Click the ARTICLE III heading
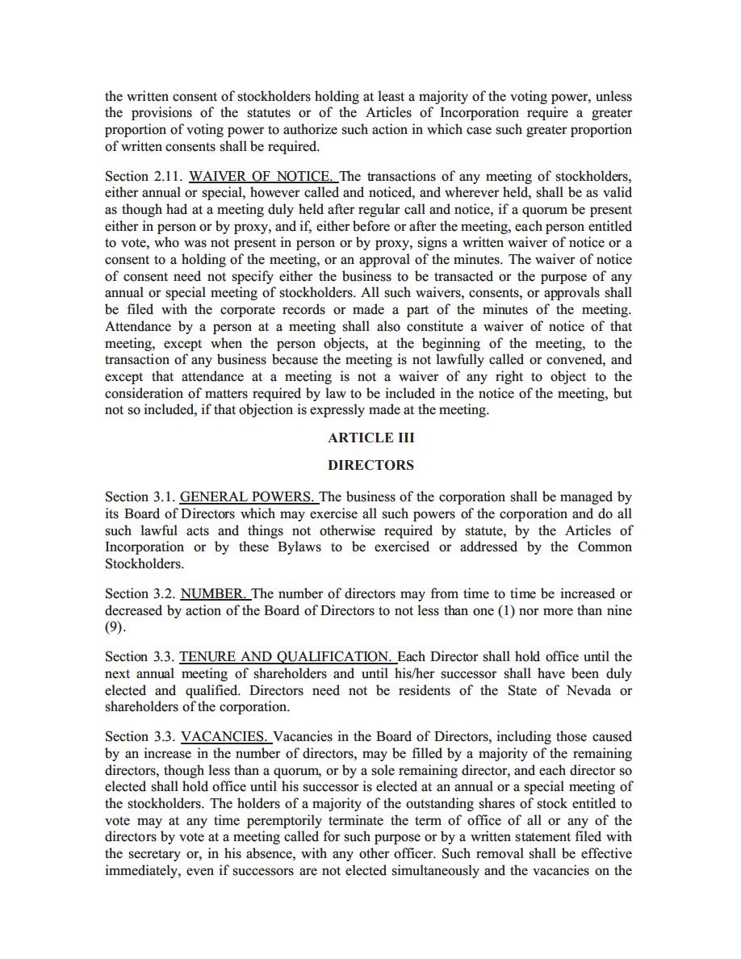[x=370, y=438]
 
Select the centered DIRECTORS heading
[x=370, y=465]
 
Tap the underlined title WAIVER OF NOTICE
[x=260, y=176]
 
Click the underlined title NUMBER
[x=213, y=593]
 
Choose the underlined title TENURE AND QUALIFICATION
[x=285, y=656]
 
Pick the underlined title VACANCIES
[x=224, y=736]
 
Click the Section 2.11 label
[x=143, y=176]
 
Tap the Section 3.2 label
[x=139, y=593]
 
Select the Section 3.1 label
[x=139, y=496]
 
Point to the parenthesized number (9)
[x=115, y=627]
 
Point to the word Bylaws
[x=323, y=547]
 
